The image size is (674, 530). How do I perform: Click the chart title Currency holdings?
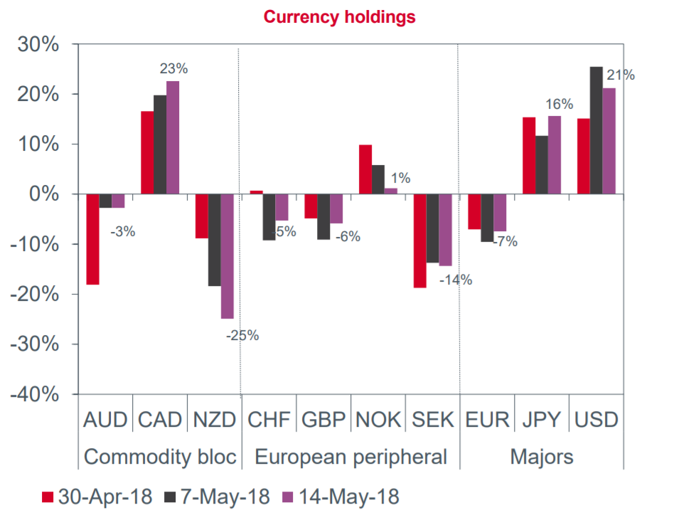point(339,17)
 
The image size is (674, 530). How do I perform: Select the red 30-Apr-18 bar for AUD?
point(92,239)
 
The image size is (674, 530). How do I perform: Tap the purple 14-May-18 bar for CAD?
point(173,137)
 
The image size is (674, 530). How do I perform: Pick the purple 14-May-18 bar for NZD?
point(228,256)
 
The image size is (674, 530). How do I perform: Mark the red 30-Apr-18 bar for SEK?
point(420,240)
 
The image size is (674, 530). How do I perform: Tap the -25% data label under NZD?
point(242,334)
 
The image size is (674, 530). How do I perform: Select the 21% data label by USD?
point(621,75)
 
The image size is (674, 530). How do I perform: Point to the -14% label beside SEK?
point(456,280)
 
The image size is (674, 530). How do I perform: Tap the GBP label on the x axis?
point(323,420)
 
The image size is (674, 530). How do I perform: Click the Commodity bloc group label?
point(160,456)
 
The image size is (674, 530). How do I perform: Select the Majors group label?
point(542,456)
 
